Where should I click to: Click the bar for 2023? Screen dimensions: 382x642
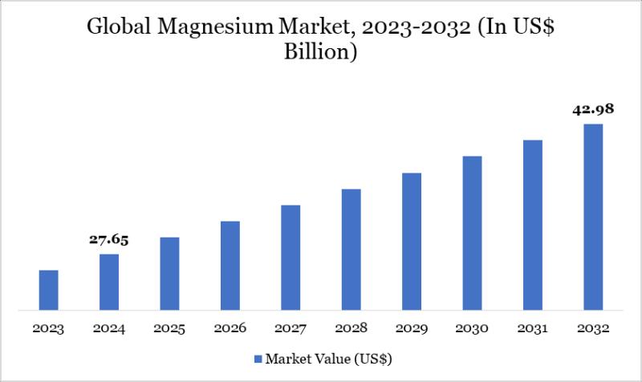tap(49, 290)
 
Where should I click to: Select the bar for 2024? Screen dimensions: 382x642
tap(109, 282)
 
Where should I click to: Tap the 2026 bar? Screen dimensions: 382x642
tap(230, 265)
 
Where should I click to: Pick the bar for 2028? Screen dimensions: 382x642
tap(351, 249)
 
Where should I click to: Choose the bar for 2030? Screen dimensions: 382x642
tap(472, 233)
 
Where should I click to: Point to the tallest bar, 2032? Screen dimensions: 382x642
tap(593, 217)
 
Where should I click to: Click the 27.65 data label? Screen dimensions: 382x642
tap(109, 239)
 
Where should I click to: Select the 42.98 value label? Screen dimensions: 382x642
tap(593, 109)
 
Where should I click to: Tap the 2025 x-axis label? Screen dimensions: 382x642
tap(169, 329)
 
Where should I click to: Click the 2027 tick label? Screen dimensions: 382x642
tap(291, 329)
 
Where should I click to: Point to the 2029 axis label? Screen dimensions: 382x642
tap(412, 329)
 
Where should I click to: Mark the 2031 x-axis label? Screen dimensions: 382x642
tap(533, 329)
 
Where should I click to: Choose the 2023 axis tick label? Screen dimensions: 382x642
tap(49, 329)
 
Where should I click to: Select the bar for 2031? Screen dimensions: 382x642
tap(533, 225)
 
